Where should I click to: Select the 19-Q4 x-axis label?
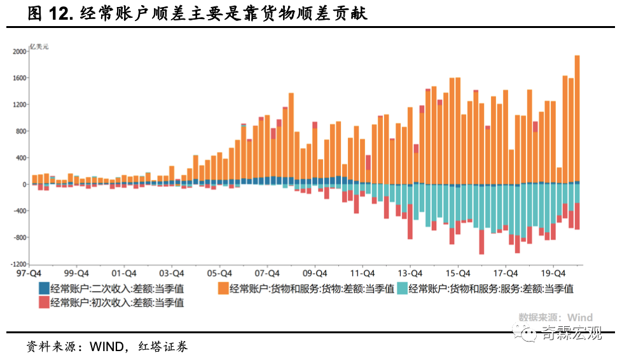coord(551,270)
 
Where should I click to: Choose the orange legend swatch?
coord(223,289)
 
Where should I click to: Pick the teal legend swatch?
coord(402,289)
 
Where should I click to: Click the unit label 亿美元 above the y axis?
coord(39,46)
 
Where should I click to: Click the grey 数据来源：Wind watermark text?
coord(555,317)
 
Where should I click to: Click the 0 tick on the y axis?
coord(24,184)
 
